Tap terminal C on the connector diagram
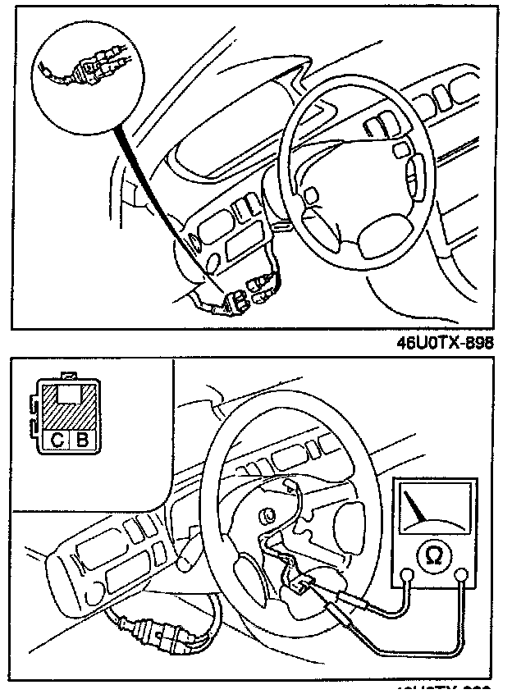pos(57,440)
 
